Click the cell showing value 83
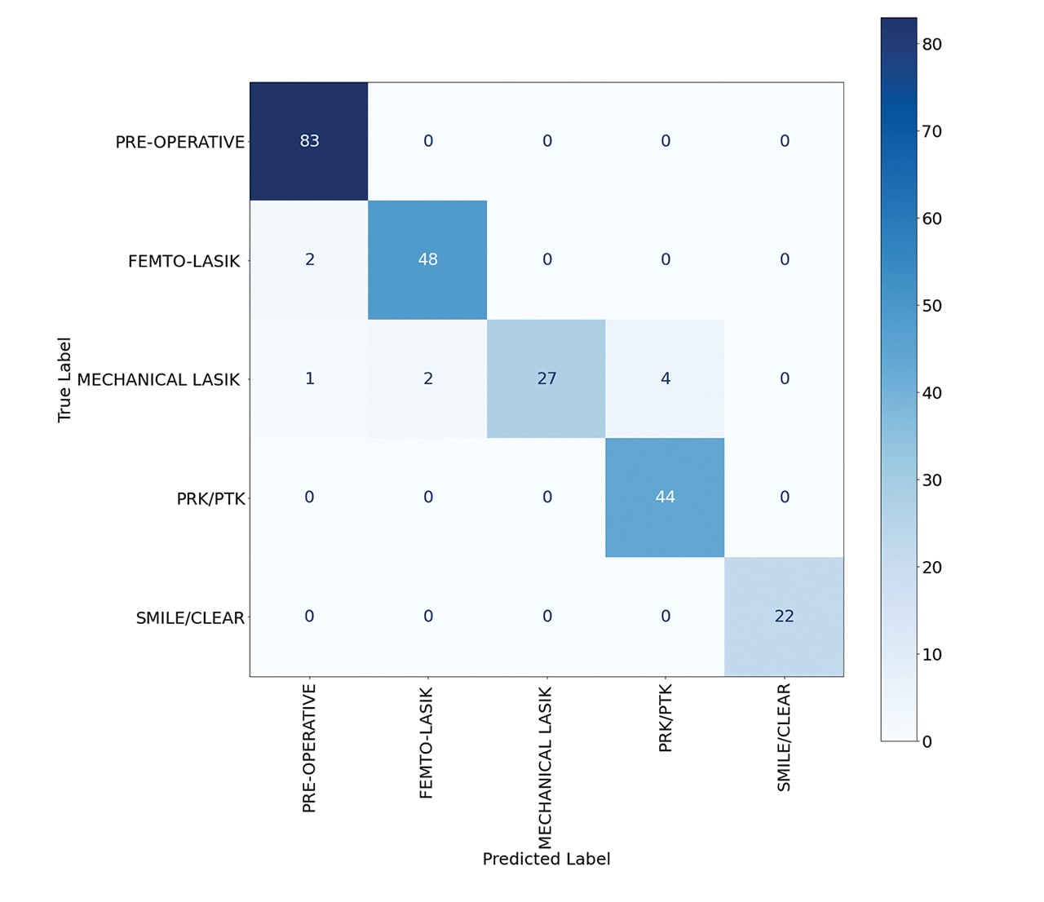tap(309, 141)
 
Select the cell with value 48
tap(427, 259)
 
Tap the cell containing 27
tap(546, 378)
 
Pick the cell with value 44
tap(665, 497)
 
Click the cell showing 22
tap(784, 617)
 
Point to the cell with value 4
tap(666, 378)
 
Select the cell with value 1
tap(309, 378)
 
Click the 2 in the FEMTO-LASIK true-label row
tap(309, 259)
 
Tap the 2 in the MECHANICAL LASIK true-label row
tap(427, 378)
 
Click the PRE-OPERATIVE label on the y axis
tap(179, 142)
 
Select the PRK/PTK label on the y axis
tap(210, 498)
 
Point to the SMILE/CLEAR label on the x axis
tap(784, 737)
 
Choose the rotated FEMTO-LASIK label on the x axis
tap(426, 743)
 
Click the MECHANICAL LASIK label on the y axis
tap(158, 379)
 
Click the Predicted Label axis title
tap(546, 859)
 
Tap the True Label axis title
tap(64, 379)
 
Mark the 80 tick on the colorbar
tap(931, 45)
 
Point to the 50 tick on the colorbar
tap(931, 306)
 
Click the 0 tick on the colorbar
tap(927, 741)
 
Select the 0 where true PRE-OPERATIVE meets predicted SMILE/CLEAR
tap(784, 141)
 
